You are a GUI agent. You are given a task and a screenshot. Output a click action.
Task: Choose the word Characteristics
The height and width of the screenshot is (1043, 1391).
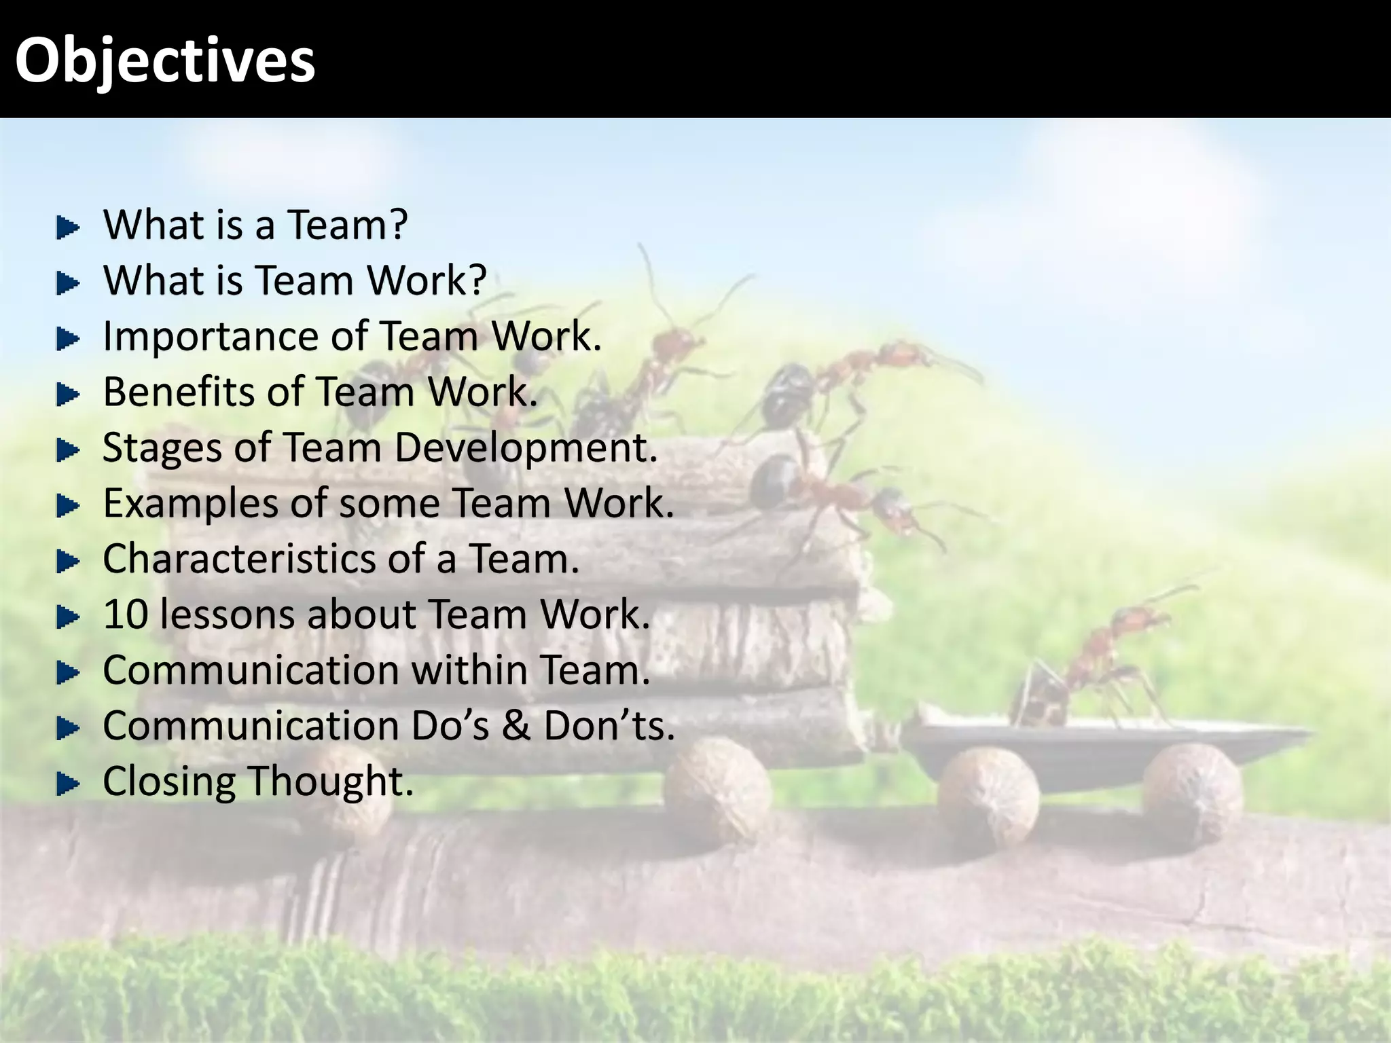[x=239, y=559]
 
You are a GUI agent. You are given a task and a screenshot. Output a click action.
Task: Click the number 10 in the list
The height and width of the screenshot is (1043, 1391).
[x=126, y=615]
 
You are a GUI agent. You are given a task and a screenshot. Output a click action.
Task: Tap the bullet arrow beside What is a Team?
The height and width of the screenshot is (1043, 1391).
[x=67, y=227]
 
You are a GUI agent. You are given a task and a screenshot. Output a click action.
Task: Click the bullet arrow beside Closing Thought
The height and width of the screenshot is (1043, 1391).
[x=67, y=784]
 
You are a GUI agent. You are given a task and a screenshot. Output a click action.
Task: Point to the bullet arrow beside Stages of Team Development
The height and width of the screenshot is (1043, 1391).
[x=67, y=450]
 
